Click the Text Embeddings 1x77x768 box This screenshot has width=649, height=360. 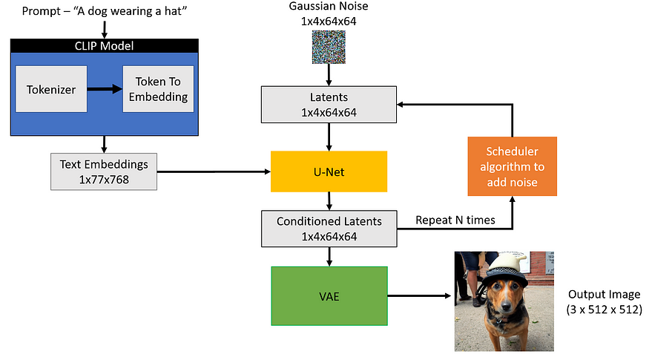[104, 171]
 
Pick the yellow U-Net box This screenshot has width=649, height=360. [329, 171]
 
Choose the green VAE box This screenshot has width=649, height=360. [329, 295]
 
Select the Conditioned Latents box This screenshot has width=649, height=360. [329, 228]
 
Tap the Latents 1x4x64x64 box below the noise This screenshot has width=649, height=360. [329, 105]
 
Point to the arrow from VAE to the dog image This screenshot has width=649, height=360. [419, 295]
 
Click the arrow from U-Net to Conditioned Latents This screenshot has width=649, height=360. [329, 201]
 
